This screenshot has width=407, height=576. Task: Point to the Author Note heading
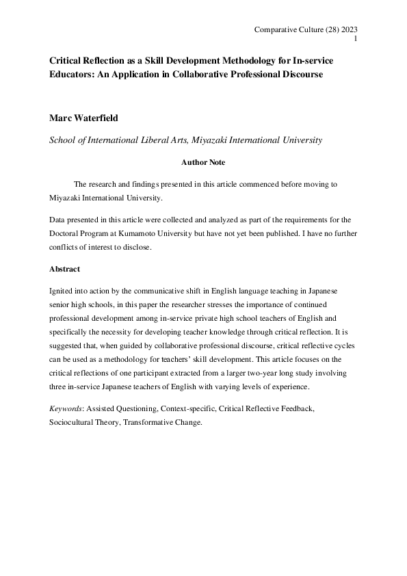click(x=202, y=163)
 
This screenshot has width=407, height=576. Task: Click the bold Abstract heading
click(x=65, y=269)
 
